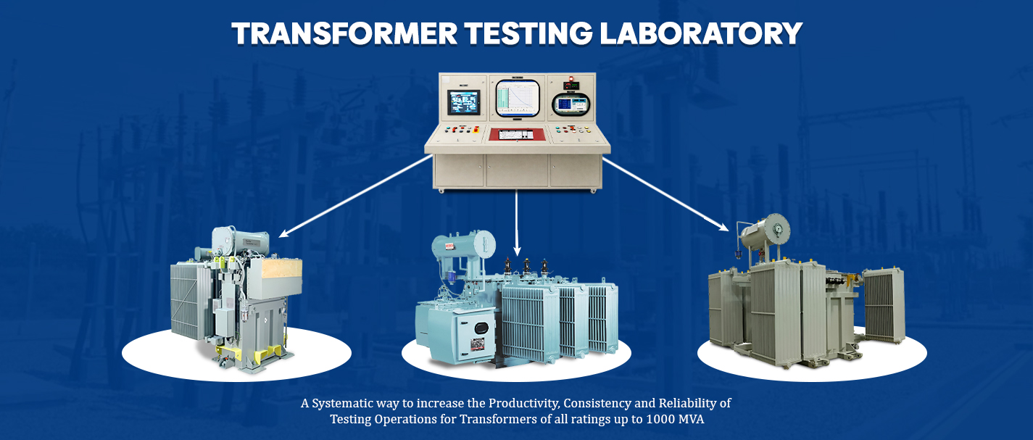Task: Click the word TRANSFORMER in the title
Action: click(x=345, y=33)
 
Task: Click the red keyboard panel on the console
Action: click(x=518, y=134)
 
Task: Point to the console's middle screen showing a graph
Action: click(x=518, y=99)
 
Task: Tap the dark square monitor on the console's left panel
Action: click(x=463, y=102)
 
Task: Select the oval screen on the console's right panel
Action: click(x=572, y=104)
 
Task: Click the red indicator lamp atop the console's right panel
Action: click(x=571, y=78)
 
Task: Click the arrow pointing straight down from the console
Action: click(x=516, y=223)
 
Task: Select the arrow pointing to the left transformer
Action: click(x=355, y=196)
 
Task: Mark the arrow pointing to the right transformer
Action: click(x=665, y=194)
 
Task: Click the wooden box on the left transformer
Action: click(x=282, y=268)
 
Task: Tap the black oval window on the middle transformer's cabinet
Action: click(x=481, y=327)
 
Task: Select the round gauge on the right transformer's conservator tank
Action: click(x=779, y=228)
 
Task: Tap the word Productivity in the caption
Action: click(x=524, y=404)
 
